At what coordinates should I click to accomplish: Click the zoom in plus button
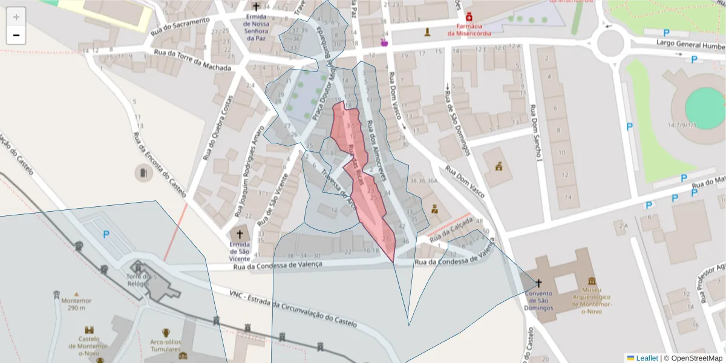pos(16,17)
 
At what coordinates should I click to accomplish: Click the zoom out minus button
pos(16,35)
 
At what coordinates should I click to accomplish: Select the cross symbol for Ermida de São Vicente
pos(240,234)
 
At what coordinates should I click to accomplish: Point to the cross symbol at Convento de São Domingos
pos(538,283)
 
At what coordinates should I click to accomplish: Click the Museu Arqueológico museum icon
pos(591,281)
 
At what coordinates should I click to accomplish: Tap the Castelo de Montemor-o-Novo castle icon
pos(89,330)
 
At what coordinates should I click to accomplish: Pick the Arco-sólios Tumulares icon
pos(165,332)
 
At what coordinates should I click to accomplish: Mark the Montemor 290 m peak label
pos(76,304)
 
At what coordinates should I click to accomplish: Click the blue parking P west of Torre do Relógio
pos(106,234)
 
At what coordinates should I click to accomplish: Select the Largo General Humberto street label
pos(690,45)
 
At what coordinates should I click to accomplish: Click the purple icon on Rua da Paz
pos(383,42)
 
